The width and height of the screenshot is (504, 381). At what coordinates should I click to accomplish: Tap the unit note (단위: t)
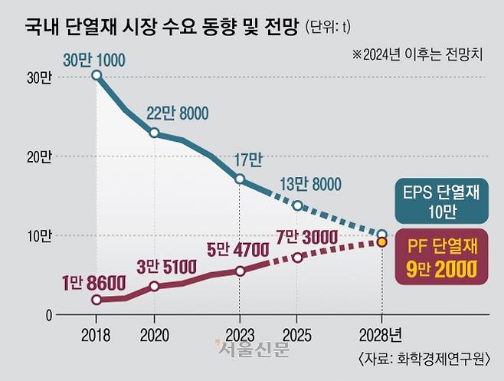329,28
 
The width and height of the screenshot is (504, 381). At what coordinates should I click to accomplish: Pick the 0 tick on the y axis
47,315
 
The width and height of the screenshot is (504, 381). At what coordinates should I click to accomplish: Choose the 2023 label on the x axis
240,335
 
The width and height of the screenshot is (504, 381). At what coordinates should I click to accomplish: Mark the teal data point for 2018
97,75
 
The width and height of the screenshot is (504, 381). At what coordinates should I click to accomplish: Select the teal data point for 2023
240,179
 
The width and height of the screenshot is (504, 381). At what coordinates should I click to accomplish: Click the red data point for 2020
154,286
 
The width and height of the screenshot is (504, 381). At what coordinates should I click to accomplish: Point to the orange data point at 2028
381,242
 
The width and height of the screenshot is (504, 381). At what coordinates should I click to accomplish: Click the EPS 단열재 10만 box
440,201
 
